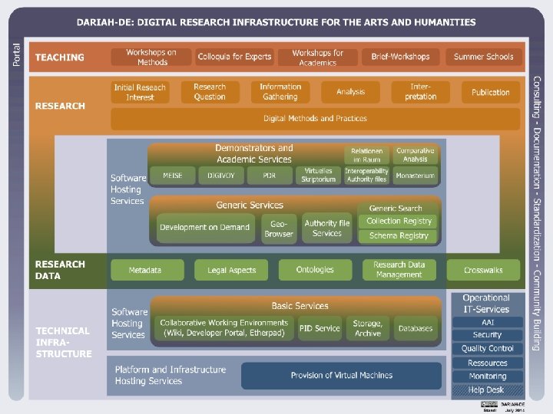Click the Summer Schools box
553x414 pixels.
point(483,57)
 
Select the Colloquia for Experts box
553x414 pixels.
point(234,57)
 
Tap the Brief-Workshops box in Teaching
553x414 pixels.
point(400,57)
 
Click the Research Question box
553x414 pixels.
point(210,92)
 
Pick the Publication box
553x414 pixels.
point(490,92)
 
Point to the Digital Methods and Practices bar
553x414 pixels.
point(315,119)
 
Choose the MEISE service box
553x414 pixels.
point(172,176)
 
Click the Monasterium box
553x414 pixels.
point(415,176)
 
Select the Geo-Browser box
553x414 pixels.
point(279,228)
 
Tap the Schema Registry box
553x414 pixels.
point(399,236)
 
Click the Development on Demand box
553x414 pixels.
point(205,228)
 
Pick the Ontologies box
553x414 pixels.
point(315,270)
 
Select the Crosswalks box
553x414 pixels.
point(483,270)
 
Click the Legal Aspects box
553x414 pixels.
point(231,270)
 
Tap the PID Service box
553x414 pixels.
point(320,328)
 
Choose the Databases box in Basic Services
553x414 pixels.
point(415,328)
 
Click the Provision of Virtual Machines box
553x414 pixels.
point(341,376)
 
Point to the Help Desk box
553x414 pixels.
point(486,390)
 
